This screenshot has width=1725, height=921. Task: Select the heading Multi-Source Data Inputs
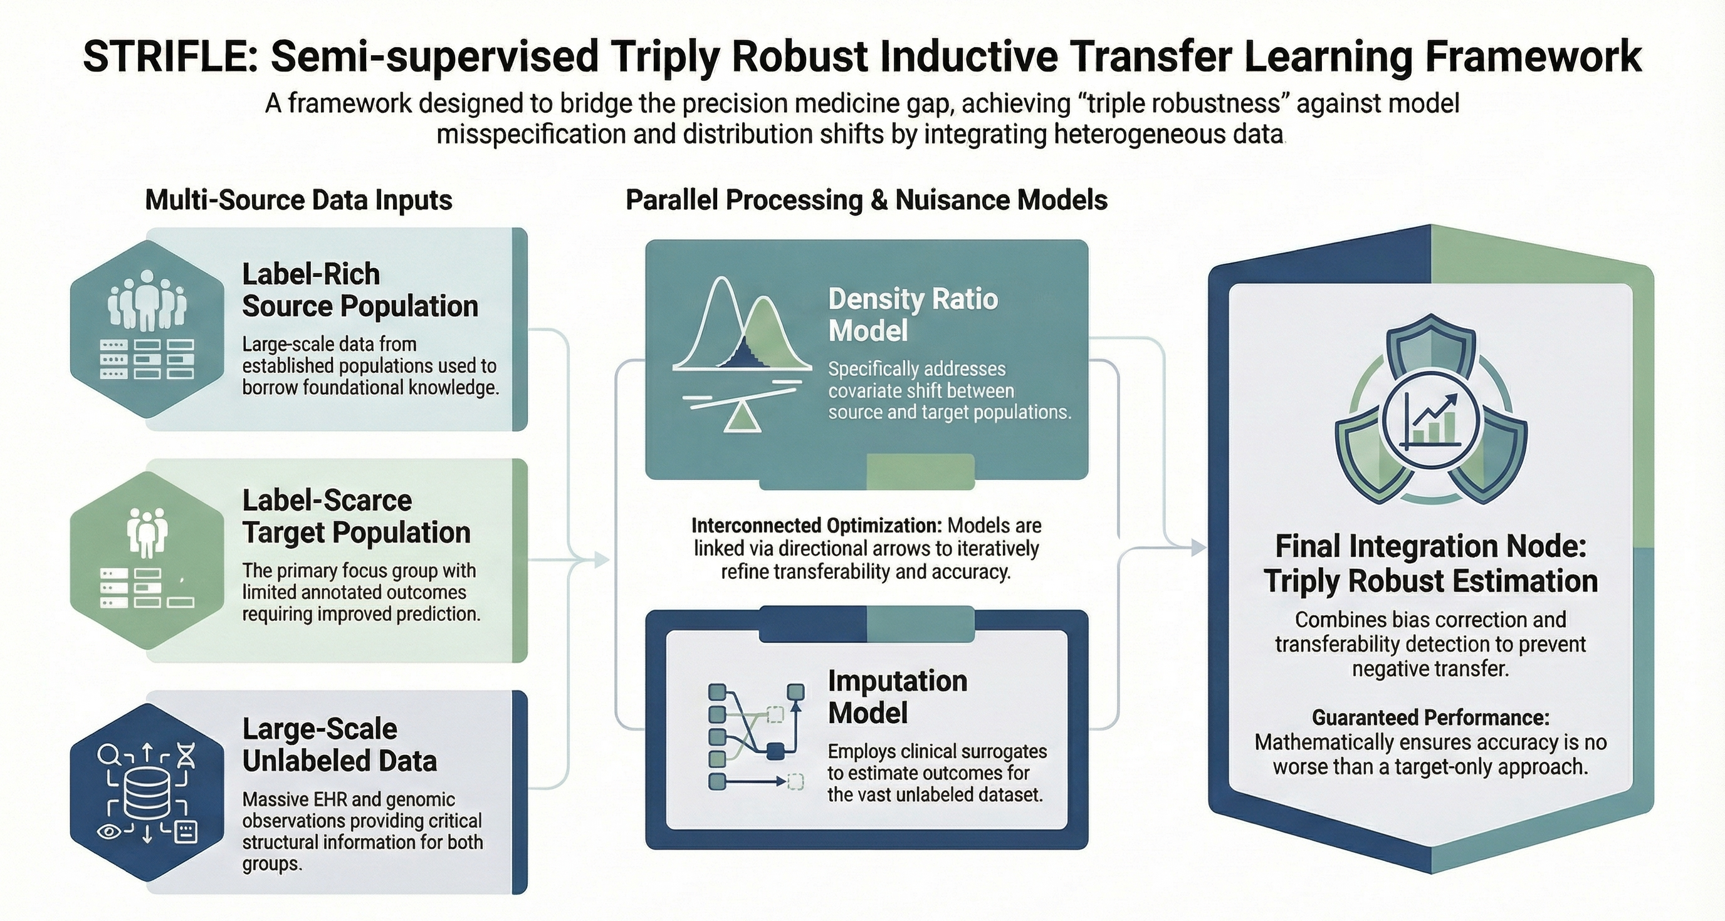[298, 200]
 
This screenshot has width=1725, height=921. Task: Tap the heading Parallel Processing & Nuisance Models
[866, 200]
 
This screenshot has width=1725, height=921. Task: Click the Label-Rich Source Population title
[360, 290]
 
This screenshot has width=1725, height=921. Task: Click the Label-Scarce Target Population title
[355, 516]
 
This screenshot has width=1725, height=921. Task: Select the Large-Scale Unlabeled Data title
[339, 744]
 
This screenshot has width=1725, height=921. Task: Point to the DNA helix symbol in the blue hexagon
[187, 756]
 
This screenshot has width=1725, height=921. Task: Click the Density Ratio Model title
[912, 315]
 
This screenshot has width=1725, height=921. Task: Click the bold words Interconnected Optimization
[816, 526]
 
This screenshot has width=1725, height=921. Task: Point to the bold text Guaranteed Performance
[1430, 717]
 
